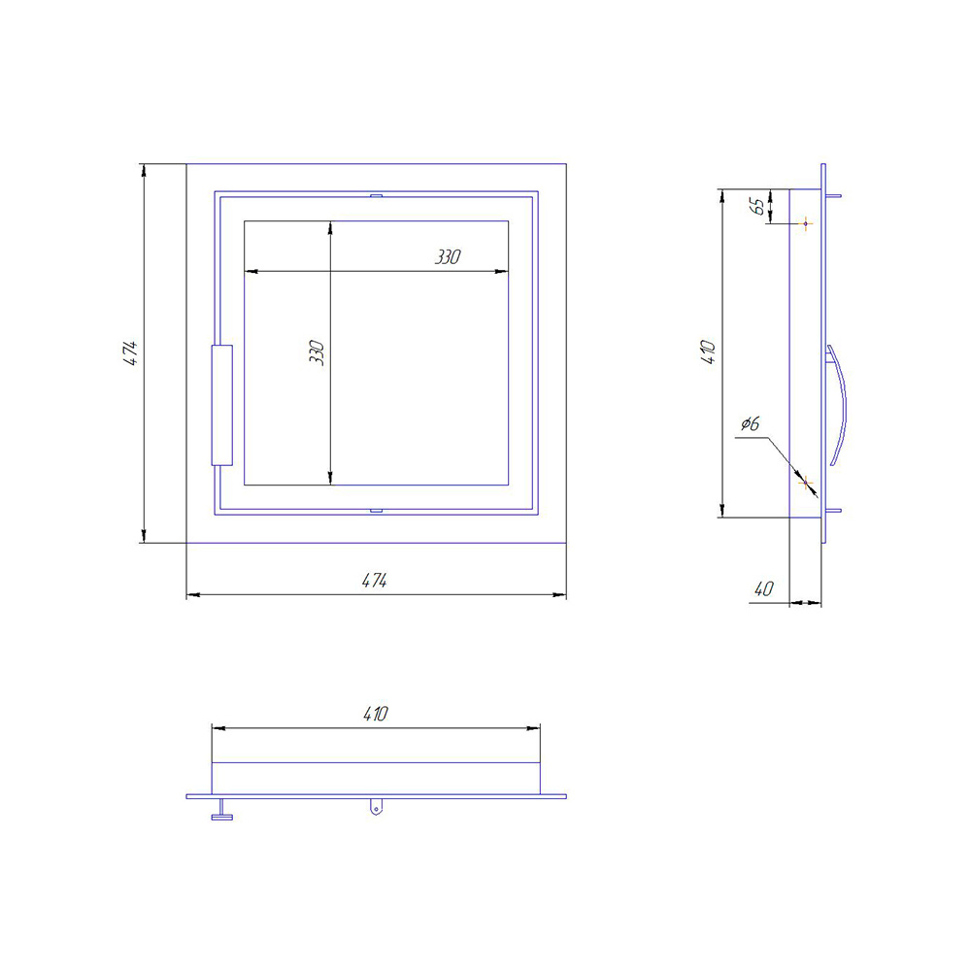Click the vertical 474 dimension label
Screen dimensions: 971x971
coord(130,353)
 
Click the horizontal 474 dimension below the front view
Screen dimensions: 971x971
coord(375,581)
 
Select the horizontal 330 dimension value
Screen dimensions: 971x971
coord(448,257)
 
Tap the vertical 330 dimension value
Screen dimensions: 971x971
coord(317,352)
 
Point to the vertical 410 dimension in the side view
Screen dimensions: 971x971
coord(708,352)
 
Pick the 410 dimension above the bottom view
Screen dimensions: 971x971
coord(376,714)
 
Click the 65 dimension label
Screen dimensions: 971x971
coord(756,206)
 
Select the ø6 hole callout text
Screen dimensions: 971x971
coord(750,424)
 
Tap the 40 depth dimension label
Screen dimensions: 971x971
coord(764,589)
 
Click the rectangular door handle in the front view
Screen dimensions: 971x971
coord(221,405)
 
